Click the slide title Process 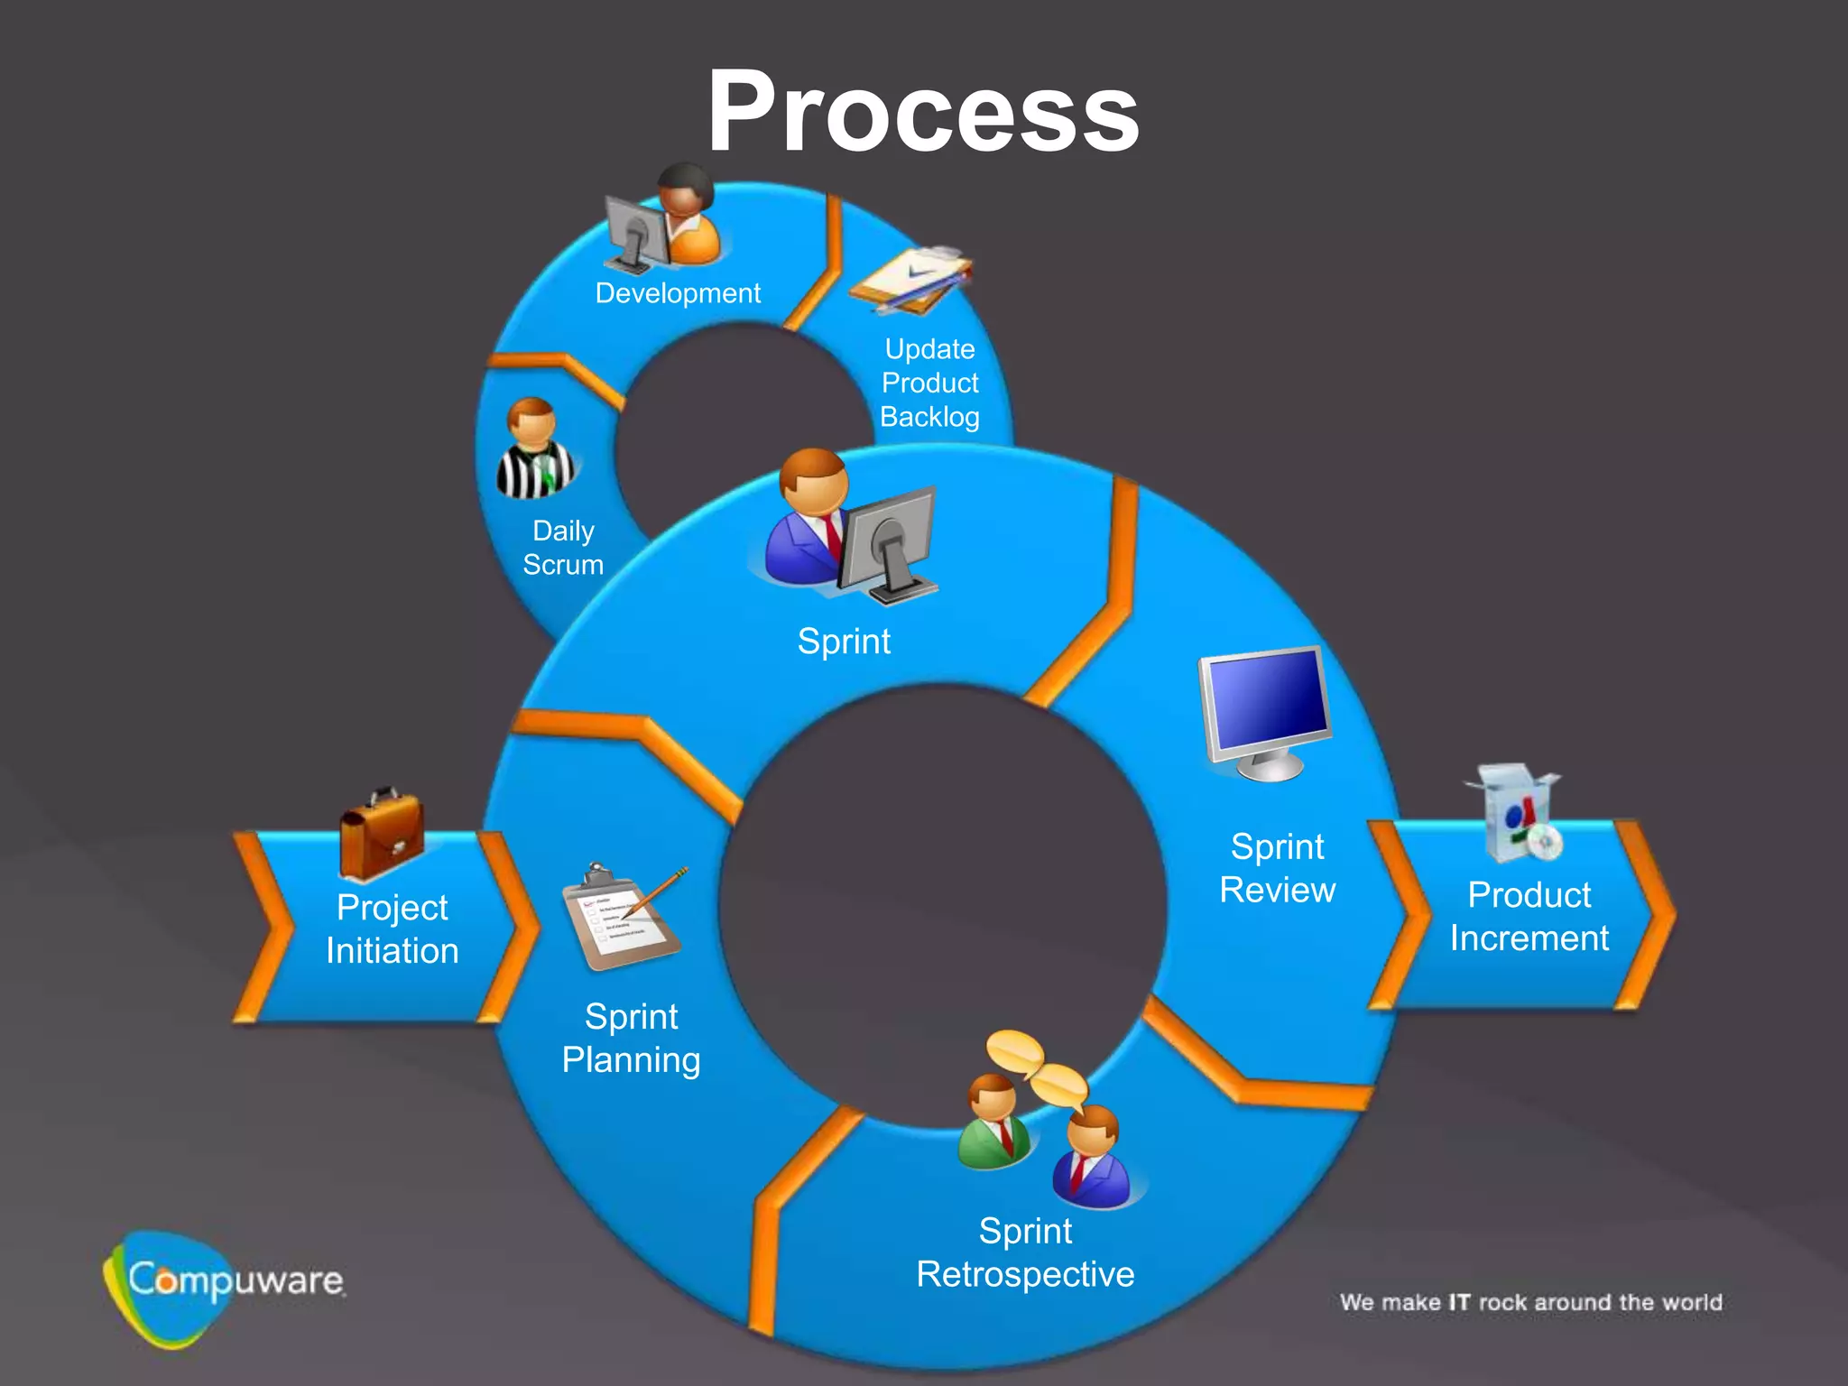[x=922, y=112]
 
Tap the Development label [x=678, y=293]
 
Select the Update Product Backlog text [x=929, y=383]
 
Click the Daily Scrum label [x=563, y=548]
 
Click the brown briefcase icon [x=382, y=835]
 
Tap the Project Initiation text [x=392, y=929]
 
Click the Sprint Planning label [x=631, y=1038]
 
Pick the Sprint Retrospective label [x=1025, y=1252]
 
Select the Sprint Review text [x=1277, y=868]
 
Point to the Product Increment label [x=1529, y=916]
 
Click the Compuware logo [x=226, y=1282]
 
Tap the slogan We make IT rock [x=1530, y=1302]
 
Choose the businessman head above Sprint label [x=814, y=482]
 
